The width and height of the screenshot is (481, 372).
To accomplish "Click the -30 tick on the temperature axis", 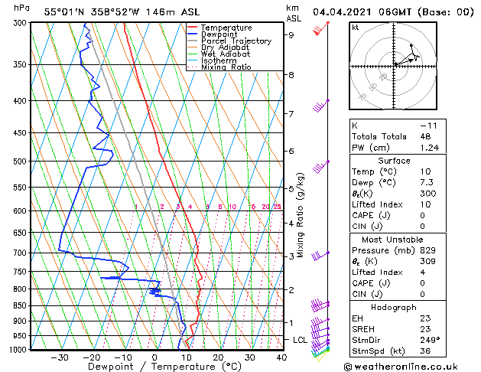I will (x=59, y=357).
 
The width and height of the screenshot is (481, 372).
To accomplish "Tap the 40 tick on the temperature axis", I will (x=281, y=357).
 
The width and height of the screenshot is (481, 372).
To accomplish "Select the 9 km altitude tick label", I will (x=291, y=34).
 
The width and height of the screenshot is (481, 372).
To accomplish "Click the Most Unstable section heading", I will (x=394, y=239).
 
